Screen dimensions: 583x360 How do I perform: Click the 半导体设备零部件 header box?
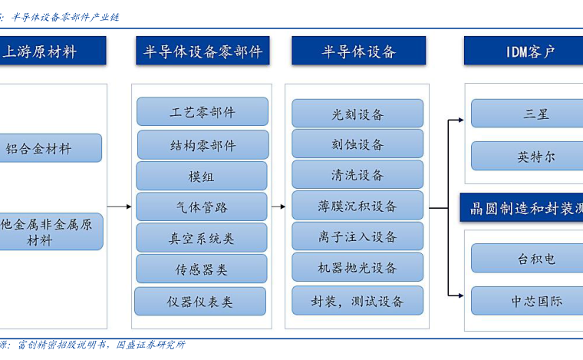203,51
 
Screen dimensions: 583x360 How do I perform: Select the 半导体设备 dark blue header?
358,51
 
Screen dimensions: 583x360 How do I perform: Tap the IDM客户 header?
523,51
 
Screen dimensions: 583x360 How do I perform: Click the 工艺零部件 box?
203,111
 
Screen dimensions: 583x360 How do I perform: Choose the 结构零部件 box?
203,144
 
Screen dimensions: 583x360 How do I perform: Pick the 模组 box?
202,176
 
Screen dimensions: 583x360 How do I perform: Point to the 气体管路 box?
202,206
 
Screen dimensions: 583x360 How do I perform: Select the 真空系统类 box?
202,238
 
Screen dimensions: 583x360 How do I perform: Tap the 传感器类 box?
202,269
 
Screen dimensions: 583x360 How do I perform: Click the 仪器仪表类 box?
200,301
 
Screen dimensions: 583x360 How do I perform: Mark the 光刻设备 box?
357,114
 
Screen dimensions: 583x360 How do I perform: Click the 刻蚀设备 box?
357,144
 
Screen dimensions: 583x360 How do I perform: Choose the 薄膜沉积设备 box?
357,205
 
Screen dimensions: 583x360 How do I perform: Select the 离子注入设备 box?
357,236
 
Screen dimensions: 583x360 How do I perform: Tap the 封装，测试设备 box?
357,300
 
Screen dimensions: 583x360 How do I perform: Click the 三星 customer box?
527,114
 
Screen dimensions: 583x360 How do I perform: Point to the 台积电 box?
527,259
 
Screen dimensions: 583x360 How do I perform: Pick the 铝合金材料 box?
51,148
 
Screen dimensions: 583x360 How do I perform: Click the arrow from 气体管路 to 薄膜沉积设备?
278,206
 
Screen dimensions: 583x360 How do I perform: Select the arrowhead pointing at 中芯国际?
461,296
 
